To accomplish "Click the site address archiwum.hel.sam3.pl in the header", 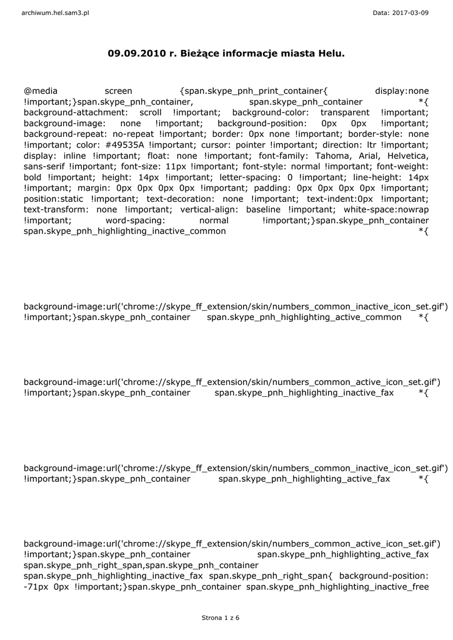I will pyautogui.click(x=55, y=12).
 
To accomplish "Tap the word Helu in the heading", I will pyautogui.click(x=331, y=54).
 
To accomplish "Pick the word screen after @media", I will pyautogui.click(x=118, y=91).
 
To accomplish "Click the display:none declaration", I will pyautogui.click(x=402, y=91).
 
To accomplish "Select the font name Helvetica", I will pyautogui.click(x=407, y=155).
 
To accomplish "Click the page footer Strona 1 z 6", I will pyautogui.click(x=221, y=617).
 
